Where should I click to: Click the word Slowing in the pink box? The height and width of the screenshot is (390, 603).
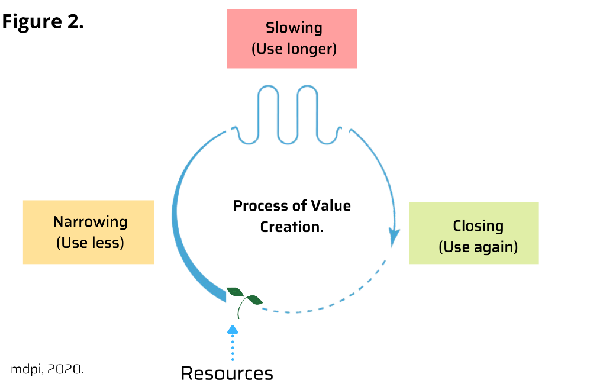[x=294, y=28]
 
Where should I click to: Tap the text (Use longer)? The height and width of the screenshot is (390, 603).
[x=294, y=49]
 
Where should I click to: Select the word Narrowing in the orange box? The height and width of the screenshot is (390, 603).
[x=90, y=221]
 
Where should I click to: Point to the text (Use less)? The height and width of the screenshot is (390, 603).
[x=90, y=243]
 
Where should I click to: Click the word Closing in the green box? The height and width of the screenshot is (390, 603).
[x=478, y=225]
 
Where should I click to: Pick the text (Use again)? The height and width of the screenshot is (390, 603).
[x=478, y=247]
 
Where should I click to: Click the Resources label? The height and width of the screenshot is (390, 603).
[x=227, y=373]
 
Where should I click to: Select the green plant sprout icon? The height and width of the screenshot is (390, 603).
[x=243, y=299]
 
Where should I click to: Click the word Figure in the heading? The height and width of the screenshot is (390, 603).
[x=27, y=22]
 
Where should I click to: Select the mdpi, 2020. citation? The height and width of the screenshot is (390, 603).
[x=47, y=369]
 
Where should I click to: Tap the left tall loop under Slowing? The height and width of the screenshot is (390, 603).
[x=268, y=112]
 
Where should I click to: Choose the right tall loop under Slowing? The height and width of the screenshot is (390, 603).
[x=308, y=112]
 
